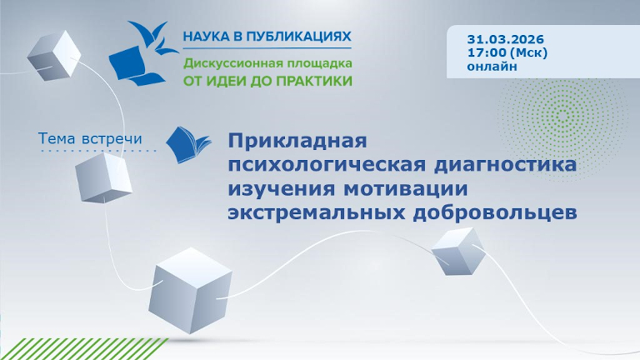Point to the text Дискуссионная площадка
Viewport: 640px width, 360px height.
267,63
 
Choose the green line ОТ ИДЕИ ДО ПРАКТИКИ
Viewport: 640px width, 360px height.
267,81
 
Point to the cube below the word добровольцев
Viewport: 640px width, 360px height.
457,250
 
